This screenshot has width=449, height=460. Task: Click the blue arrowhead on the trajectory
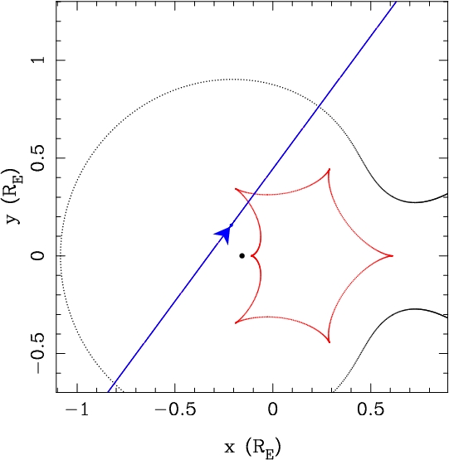(224, 234)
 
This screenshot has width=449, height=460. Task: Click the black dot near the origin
(242, 256)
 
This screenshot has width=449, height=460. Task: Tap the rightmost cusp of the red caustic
(393, 256)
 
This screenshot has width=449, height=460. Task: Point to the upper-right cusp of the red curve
(329, 169)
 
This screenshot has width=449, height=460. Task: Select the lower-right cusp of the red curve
(329, 342)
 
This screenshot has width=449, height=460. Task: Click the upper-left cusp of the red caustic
(236, 189)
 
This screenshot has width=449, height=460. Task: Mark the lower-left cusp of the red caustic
(236, 322)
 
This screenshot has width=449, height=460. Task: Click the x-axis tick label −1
(77, 409)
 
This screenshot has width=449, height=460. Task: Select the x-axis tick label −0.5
(175, 409)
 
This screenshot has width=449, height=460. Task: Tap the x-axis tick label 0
(273, 409)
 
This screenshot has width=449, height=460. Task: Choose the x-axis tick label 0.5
(371, 409)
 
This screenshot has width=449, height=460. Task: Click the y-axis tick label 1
(39, 60)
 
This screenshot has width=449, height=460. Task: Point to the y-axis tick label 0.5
(38, 157)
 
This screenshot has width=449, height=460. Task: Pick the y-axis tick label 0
(38, 256)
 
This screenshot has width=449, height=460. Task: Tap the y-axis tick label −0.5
(38, 354)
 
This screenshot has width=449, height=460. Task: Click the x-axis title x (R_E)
(252, 447)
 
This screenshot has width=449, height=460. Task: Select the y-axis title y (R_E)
(13, 196)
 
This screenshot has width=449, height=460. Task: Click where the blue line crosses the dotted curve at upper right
(318, 108)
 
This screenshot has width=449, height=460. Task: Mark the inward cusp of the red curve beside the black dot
(251, 256)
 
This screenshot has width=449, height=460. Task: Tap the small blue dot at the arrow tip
(232, 225)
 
